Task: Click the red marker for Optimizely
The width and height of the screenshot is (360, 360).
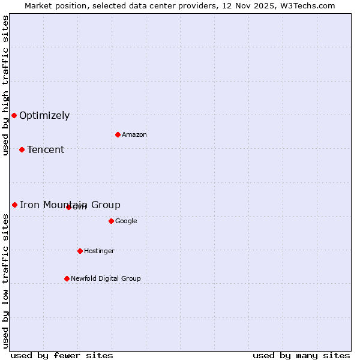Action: pyautogui.click(x=14, y=115)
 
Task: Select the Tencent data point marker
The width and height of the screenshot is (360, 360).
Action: pyautogui.click(x=22, y=149)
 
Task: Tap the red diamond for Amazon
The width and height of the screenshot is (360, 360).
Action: pyautogui.click(x=118, y=134)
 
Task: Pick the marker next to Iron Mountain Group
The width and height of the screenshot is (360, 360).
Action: pyautogui.click(x=14, y=205)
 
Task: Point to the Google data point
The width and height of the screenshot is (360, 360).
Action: pyautogui.click(x=111, y=221)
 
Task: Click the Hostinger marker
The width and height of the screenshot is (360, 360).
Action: pyautogui.click(x=80, y=251)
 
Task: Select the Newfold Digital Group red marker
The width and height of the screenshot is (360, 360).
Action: pyautogui.click(x=67, y=278)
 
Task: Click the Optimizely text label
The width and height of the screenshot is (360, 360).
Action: pyautogui.click(x=44, y=116)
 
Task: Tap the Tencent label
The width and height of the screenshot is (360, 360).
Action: pyautogui.click(x=46, y=150)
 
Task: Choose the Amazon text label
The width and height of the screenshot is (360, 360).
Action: pyautogui.click(x=134, y=135)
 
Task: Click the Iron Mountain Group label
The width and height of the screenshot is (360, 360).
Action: pyautogui.click(x=70, y=205)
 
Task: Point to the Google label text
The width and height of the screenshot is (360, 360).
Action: pyautogui.click(x=126, y=221)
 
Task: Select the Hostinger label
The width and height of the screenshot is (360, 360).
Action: pyautogui.click(x=99, y=251)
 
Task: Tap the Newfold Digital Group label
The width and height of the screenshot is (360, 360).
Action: pyautogui.click(x=106, y=279)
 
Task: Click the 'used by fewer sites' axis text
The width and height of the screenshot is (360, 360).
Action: pyautogui.click(x=62, y=355)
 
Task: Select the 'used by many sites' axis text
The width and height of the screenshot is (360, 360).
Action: pyautogui.click(x=301, y=355)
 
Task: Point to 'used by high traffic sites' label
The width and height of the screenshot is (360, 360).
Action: pyautogui.click(x=5, y=85)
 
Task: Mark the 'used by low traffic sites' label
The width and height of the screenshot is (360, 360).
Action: pyautogui.click(x=5, y=280)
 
